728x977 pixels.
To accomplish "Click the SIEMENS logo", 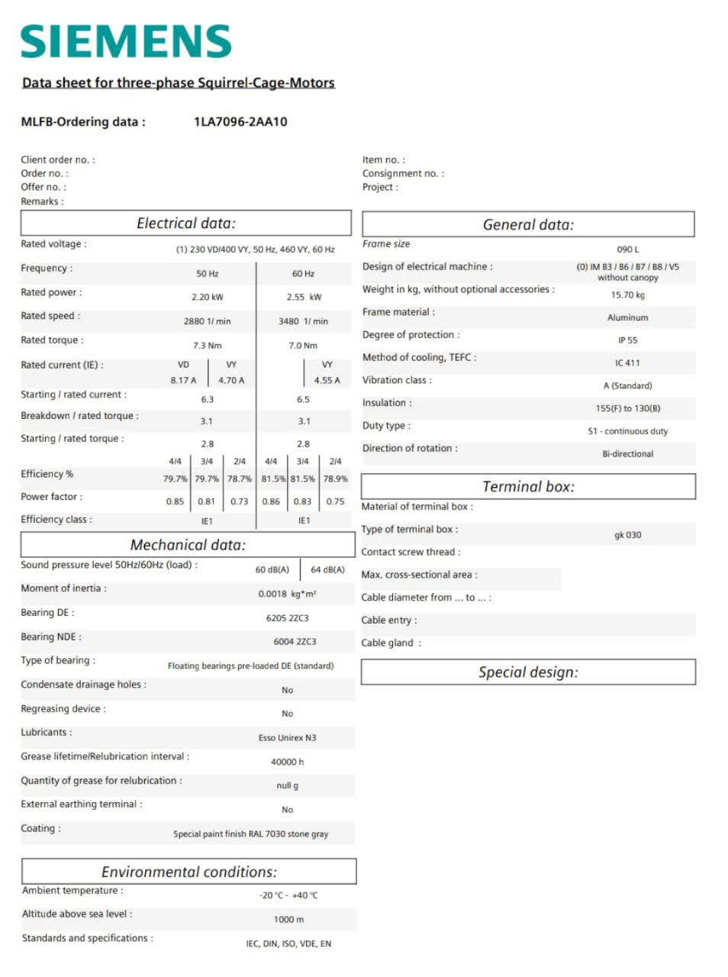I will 126,41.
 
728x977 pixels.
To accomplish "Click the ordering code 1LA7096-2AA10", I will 240,121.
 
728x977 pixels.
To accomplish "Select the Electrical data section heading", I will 186,224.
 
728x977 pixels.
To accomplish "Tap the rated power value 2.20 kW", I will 208,297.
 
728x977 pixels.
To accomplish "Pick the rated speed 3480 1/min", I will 303,321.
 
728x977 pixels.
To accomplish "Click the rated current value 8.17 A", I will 183,380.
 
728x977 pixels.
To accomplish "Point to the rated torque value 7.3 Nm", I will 208,346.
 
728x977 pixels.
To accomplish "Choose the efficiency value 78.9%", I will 335,479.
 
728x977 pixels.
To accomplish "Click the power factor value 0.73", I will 240,501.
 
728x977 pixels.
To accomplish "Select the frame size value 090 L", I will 627,250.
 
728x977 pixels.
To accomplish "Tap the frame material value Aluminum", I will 627,318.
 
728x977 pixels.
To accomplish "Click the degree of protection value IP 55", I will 627,340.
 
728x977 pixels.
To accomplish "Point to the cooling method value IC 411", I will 627,363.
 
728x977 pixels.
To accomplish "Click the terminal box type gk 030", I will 627,535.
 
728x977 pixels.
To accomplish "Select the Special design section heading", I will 528,672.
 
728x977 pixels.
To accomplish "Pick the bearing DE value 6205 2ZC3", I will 287,618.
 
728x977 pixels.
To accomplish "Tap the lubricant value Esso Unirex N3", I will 287,738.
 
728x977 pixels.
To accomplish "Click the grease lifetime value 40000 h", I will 287,762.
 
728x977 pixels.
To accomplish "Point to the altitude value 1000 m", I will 288,920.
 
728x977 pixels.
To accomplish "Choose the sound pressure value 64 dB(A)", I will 327,570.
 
